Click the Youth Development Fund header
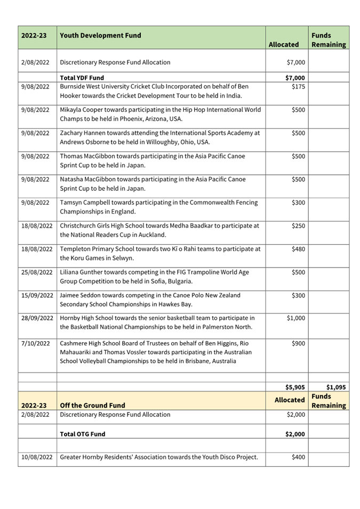pos(100,36)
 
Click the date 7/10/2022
pos(35,343)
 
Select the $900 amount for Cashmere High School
pos(298,343)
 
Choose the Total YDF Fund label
pos(82,78)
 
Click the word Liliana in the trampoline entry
pos(71,272)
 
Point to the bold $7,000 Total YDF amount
pos(295,78)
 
